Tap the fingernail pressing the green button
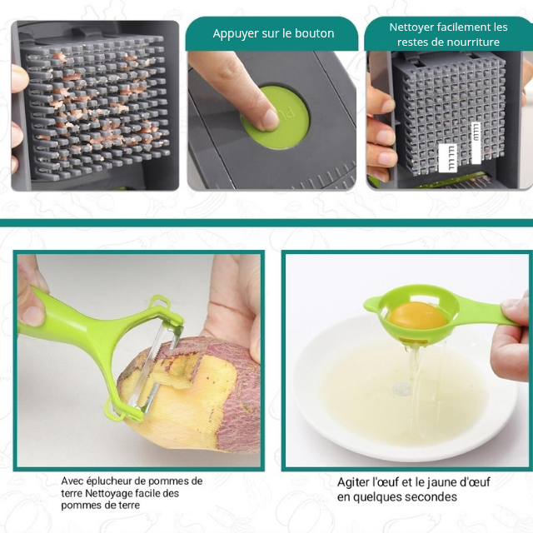pos(271,119)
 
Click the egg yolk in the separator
pos(417,316)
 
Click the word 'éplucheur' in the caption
pos(108,481)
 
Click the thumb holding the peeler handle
pos(32,313)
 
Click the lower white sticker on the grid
pos(448,158)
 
